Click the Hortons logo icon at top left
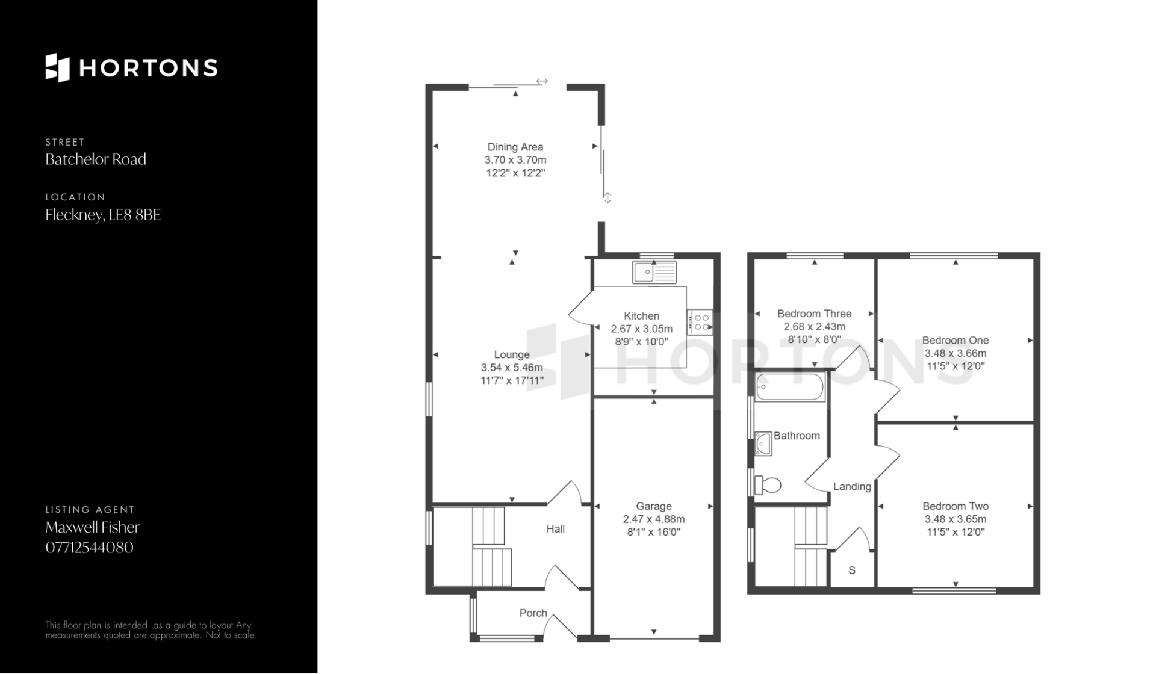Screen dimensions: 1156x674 click(58, 67)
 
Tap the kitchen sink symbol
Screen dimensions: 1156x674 click(654, 273)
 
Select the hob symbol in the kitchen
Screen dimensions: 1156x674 click(700, 322)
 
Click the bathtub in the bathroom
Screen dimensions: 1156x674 click(790, 387)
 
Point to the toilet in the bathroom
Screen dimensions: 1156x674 click(767, 484)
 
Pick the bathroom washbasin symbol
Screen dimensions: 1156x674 click(763, 444)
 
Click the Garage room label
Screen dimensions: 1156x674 click(654, 506)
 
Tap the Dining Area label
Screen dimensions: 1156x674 click(515, 147)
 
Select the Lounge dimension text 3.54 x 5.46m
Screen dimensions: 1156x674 click(512, 368)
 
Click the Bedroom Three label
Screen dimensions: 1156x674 click(814, 314)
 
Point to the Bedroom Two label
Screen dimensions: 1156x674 click(956, 506)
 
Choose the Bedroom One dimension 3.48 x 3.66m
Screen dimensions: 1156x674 click(956, 353)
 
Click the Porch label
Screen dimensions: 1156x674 click(533, 613)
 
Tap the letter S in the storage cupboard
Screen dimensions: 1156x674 click(852, 570)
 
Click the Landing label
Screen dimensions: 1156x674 click(852, 486)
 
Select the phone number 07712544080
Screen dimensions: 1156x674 click(90, 548)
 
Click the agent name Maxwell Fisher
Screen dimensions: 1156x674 click(93, 527)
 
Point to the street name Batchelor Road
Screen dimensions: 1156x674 click(96, 159)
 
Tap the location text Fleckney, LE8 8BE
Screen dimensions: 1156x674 click(104, 215)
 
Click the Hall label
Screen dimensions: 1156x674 click(556, 529)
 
